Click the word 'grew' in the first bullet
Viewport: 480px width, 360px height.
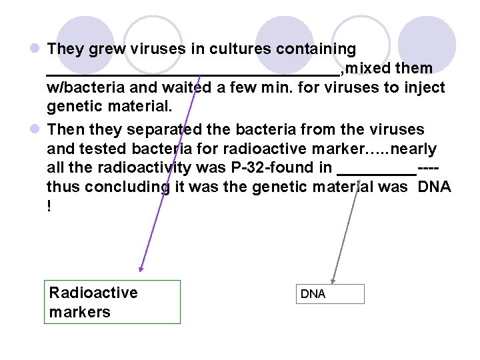click(97, 49)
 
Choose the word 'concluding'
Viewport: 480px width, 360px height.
click(123, 187)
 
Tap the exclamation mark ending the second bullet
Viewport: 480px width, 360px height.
click(49, 207)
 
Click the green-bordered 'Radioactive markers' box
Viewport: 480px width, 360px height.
click(112, 302)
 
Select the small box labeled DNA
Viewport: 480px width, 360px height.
click(331, 294)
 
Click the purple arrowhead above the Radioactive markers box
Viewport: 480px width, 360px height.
click(141, 269)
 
